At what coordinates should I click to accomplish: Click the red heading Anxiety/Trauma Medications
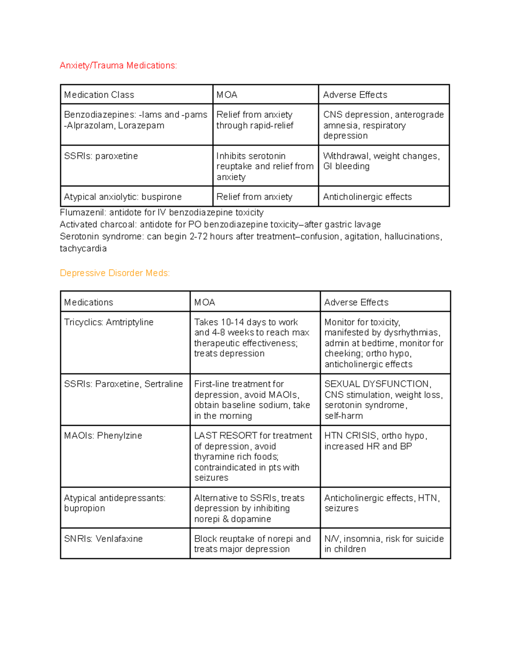point(118,65)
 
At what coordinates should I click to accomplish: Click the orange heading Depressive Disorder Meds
point(115,273)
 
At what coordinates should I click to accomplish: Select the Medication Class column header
point(99,95)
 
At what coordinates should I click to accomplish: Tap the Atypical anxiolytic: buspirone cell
point(122,197)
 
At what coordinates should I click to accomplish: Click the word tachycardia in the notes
point(83,249)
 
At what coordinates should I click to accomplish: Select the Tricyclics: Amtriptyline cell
point(108,322)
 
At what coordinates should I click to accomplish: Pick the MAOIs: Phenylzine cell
point(103,436)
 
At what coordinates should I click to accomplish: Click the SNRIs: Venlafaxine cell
point(103,538)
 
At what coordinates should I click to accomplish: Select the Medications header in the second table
point(88,302)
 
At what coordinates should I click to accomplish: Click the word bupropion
point(84,508)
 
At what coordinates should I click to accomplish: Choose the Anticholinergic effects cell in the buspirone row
point(367,197)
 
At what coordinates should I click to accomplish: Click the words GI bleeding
point(346,167)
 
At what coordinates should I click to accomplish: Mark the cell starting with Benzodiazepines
point(136,120)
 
